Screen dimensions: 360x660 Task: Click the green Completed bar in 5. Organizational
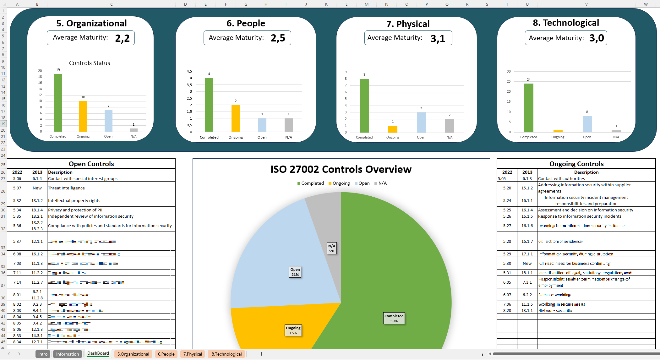coord(58,103)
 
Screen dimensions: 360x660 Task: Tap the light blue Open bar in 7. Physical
coord(421,122)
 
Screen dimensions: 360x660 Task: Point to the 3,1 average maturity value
coord(438,38)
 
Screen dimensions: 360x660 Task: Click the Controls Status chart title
coord(90,63)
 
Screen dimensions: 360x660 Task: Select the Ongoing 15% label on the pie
coord(293,330)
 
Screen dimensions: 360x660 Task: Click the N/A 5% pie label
coord(332,248)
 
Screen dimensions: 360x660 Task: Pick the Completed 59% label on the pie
coord(394,318)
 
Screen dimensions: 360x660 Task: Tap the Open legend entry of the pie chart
coord(364,183)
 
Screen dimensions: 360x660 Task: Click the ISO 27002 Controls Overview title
coord(341,169)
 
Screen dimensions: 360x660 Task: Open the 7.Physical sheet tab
coord(193,354)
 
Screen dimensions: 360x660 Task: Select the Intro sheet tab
coord(43,354)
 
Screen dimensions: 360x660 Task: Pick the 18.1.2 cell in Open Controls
coord(37,200)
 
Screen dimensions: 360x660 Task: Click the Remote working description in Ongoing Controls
coord(555,295)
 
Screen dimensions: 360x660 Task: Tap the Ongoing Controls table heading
coord(576,164)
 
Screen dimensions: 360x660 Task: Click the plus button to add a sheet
coord(261,354)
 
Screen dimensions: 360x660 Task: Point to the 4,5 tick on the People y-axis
coord(189,71)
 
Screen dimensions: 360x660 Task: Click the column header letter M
coord(367,4)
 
